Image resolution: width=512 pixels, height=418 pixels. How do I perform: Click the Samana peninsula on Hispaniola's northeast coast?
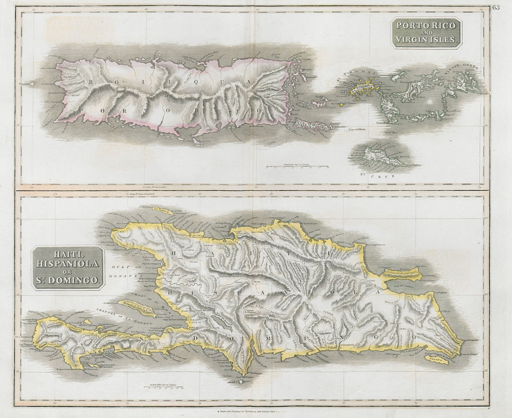coord(402,277)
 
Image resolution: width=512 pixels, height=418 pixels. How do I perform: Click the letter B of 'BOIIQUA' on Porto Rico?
coord(90,81)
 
